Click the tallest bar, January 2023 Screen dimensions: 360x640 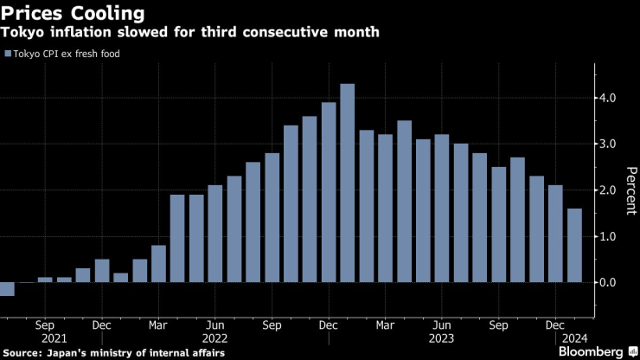click(x=348, y=183)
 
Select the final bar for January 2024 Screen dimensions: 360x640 click(x=575, y=246)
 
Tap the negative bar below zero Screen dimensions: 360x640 click(x=7, y=289)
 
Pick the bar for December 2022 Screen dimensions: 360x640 click(x=329, y=192)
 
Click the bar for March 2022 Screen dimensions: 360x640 click(x=158, y=264)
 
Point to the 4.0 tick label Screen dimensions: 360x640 click(x=607, y=98)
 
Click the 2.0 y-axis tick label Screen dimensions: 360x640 click(x=607, y=190)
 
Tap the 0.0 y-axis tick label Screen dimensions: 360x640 click(x=607, y=282)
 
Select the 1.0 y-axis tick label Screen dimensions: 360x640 click(x=607, y=236)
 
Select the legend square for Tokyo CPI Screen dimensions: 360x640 click(x=9, y=55)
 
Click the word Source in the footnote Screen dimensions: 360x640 click(x=22, y=353)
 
